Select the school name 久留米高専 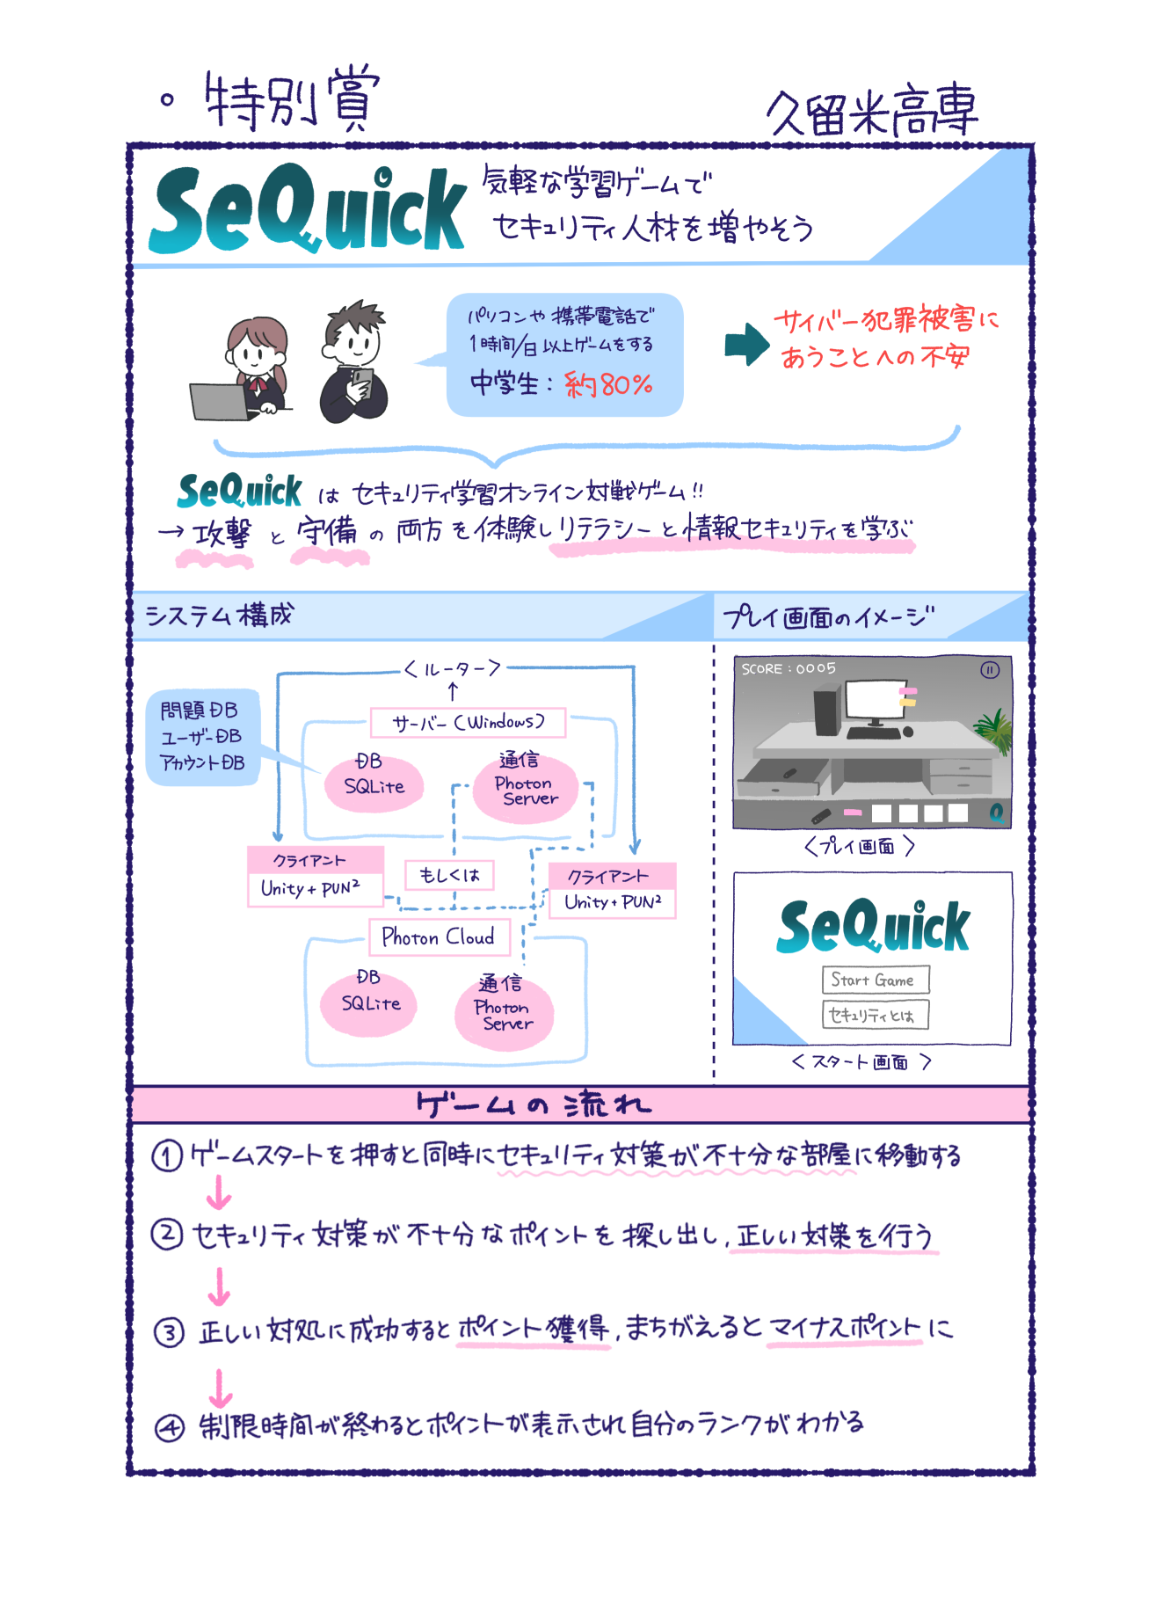872,113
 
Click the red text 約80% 607,384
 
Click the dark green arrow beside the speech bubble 746,344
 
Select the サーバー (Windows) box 468,723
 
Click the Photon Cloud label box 439,937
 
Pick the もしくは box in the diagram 449,875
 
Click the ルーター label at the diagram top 452,669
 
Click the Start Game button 874,980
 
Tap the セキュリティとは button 874,1015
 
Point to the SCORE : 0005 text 789,669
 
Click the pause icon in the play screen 990,670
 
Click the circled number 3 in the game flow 169,1333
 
